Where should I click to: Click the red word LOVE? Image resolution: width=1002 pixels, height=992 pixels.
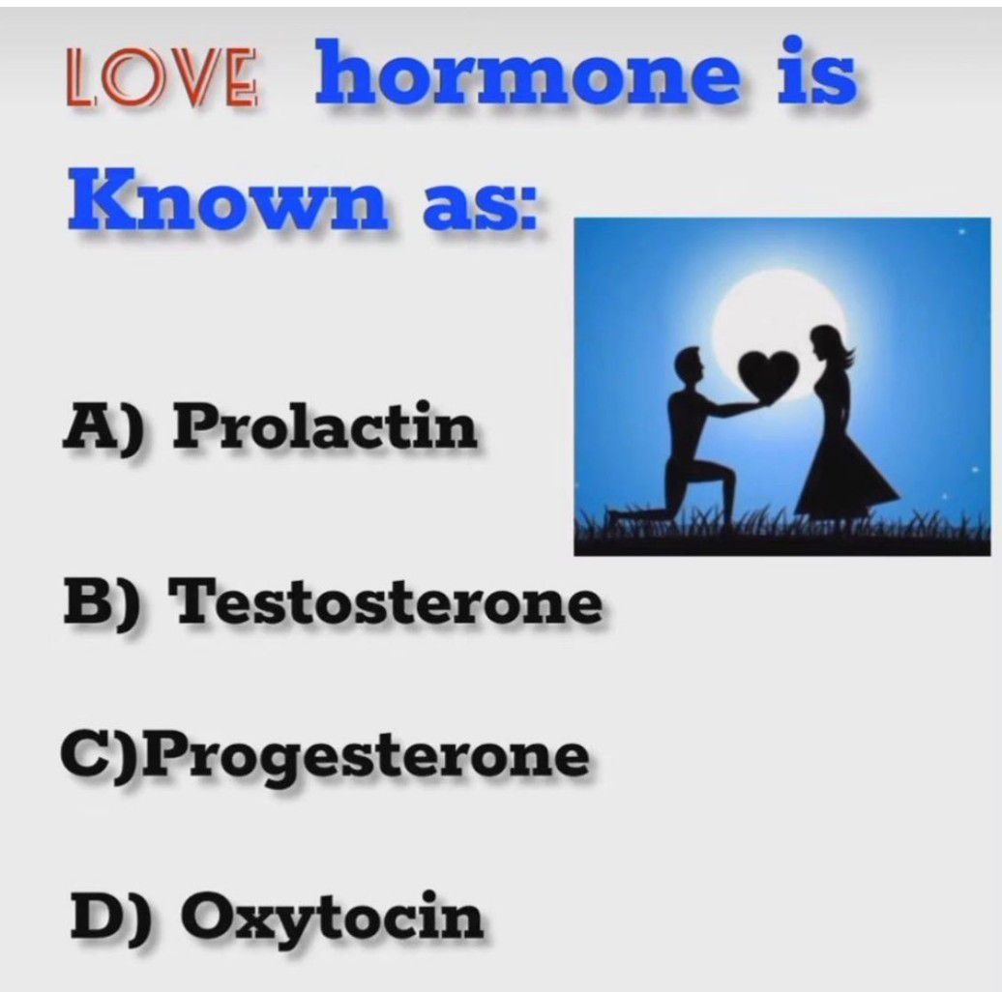click(162, 77)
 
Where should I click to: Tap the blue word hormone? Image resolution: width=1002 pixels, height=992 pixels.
click(528, 73)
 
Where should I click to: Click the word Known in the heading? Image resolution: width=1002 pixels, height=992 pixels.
click(227, 198)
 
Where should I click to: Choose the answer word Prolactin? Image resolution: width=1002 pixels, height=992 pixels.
click(325, 424)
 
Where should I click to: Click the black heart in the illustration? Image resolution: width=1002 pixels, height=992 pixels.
click(768, 375)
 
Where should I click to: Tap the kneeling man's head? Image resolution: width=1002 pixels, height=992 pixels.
click(690, 364)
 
